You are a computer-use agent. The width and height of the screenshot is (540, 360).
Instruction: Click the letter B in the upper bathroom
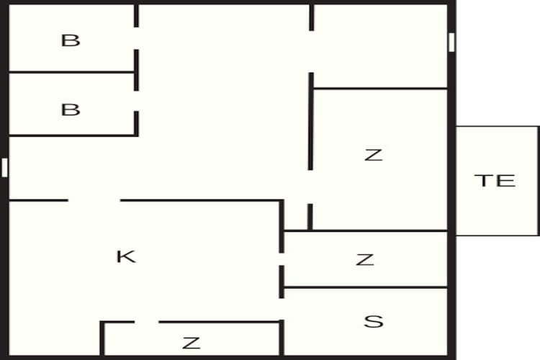click(71, 40)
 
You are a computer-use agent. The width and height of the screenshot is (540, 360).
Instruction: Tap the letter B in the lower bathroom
click(71, 110)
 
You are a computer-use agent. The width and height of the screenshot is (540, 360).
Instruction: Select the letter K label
click(126, 256)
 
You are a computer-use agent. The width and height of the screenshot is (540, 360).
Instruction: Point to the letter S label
click(373, 321)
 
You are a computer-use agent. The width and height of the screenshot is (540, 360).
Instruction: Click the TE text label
click(495, 180)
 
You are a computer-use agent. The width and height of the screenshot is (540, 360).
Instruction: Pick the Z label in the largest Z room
click(373, 154)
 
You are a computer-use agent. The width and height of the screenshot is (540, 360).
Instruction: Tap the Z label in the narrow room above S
click(365, 260)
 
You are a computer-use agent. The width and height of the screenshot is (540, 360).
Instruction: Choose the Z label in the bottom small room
click(191, 343)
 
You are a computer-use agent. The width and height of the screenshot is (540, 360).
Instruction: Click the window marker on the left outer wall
click(5, 168)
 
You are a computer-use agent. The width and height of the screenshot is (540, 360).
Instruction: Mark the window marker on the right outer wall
click(451, 42)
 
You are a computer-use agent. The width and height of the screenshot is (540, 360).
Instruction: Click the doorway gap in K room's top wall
click(94, 200)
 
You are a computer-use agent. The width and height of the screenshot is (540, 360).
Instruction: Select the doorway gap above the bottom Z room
click(146, 322)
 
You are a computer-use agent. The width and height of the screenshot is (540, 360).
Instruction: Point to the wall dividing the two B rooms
click(72, 72)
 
